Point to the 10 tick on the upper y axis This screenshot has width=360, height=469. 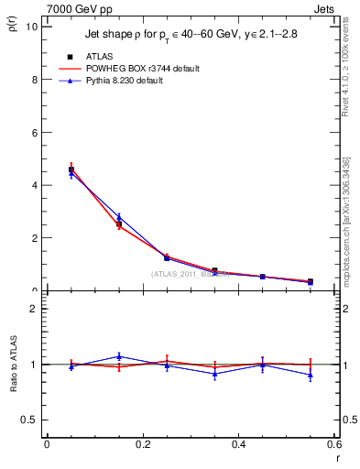(x=32, y=27)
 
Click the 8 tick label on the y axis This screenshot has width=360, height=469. (x=34, y=79)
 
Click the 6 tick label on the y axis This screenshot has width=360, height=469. (x=34, y=132)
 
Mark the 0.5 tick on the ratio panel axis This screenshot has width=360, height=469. (x=30, y=420)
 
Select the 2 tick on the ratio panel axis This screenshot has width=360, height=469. (x=34, y=309)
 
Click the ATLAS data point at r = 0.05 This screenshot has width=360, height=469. (x=71, y=169)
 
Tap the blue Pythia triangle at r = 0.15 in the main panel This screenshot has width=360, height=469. (x=119, y=216)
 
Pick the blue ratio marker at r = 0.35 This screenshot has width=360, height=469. (x=214, y=374)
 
